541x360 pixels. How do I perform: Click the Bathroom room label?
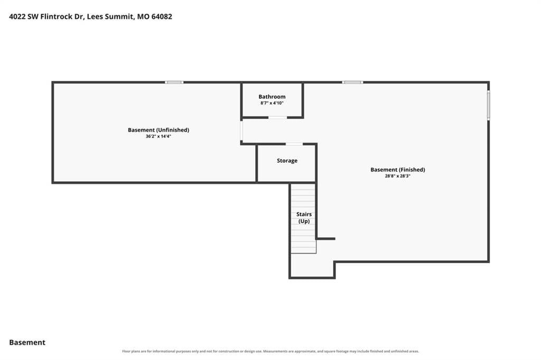[x=272, y=97]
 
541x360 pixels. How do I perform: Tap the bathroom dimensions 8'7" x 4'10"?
[x=272, y=103]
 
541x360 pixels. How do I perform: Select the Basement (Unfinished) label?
[x=158, y=130]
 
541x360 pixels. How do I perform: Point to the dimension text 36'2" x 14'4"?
[x=158, y=136]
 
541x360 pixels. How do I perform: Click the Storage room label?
[x=287, y=161]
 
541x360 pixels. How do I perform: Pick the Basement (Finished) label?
[x=397, y=170]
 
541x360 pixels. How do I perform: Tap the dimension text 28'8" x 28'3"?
[x=397, y=176]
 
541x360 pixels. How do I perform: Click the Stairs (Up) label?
[x=304, y=217]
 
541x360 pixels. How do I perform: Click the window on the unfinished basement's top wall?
[x=174, y=82]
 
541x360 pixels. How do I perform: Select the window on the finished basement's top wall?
[x=352, y=82]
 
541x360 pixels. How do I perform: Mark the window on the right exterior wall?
[x=489, y=105]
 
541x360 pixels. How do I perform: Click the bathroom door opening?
[x=278, y=117]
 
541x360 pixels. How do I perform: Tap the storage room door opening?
[x=294, y=144]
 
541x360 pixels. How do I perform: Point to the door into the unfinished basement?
[x=241, y=131]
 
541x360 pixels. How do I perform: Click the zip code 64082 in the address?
[x=162, y=16]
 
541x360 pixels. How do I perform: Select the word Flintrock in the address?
[x=57, y=16]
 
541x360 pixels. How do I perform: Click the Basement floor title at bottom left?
[x=27, y=343]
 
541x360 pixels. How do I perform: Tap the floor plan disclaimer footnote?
[x=270, y=352]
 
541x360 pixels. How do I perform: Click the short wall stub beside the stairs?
[x=325, y=238]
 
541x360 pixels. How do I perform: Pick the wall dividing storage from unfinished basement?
[x=257, y=163]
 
